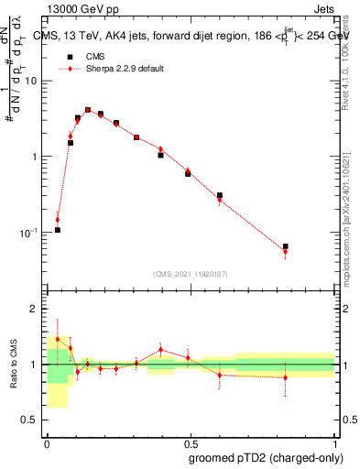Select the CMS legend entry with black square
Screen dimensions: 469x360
pyautogui.click(x=66, y=56)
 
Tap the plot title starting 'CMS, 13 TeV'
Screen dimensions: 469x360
pyautogui.click(x=188, y=36)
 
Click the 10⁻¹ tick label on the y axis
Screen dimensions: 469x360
pyautogui.click(x=30, y=232)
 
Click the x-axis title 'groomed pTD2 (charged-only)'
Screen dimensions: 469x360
pyautogui.click(x=266, y=457)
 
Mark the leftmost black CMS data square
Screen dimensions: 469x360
pyautogui.click(x=58, y=230)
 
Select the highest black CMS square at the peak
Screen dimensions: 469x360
pyautogui.click(x=88, y=110)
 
